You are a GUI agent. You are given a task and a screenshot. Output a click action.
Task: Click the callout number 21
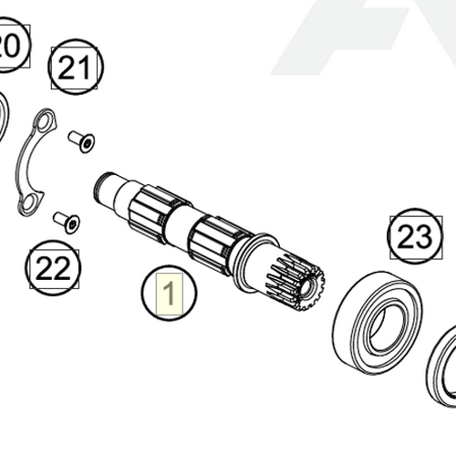click(77, 67)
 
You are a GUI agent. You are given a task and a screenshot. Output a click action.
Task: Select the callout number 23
click(413, 238)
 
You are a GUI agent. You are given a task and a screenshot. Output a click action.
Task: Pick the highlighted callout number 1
click(168, 293)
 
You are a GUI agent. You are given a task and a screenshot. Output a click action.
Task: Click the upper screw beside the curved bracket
click(82, 141)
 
